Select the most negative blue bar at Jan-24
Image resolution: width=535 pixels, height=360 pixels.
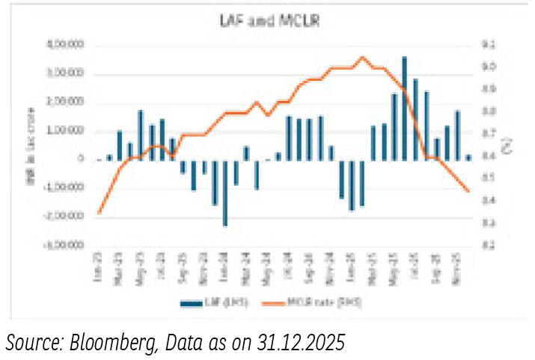[224, 193]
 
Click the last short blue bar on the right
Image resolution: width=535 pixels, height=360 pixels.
[468, 157]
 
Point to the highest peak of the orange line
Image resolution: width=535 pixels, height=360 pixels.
[362, 57]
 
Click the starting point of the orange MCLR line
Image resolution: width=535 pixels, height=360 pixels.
[100, 213]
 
